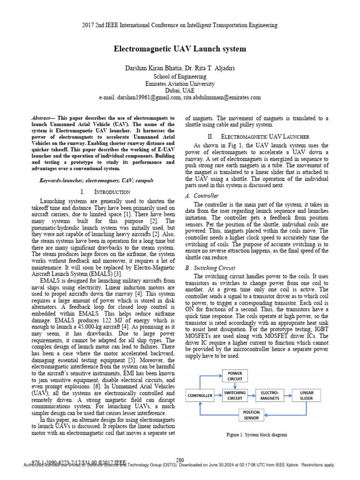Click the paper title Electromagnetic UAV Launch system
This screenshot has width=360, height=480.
[x=180, y=49]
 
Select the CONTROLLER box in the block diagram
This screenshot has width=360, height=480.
[x=201, y=396]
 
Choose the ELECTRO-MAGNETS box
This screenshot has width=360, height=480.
[x=270, y=395]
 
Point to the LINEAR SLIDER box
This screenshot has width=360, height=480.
[x=307, y=395]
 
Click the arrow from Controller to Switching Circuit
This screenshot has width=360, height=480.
[x=218, y=396]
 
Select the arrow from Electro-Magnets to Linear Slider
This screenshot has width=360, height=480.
[x=288, y=395]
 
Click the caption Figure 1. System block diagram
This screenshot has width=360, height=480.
[x=257, y=435]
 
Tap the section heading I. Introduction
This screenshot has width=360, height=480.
[x=105, y=192]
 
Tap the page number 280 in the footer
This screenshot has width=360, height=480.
[x=180, y=460]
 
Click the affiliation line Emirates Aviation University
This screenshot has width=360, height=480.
[x=180, y=83]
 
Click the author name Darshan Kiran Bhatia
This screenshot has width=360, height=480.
[x=151, y=68]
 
